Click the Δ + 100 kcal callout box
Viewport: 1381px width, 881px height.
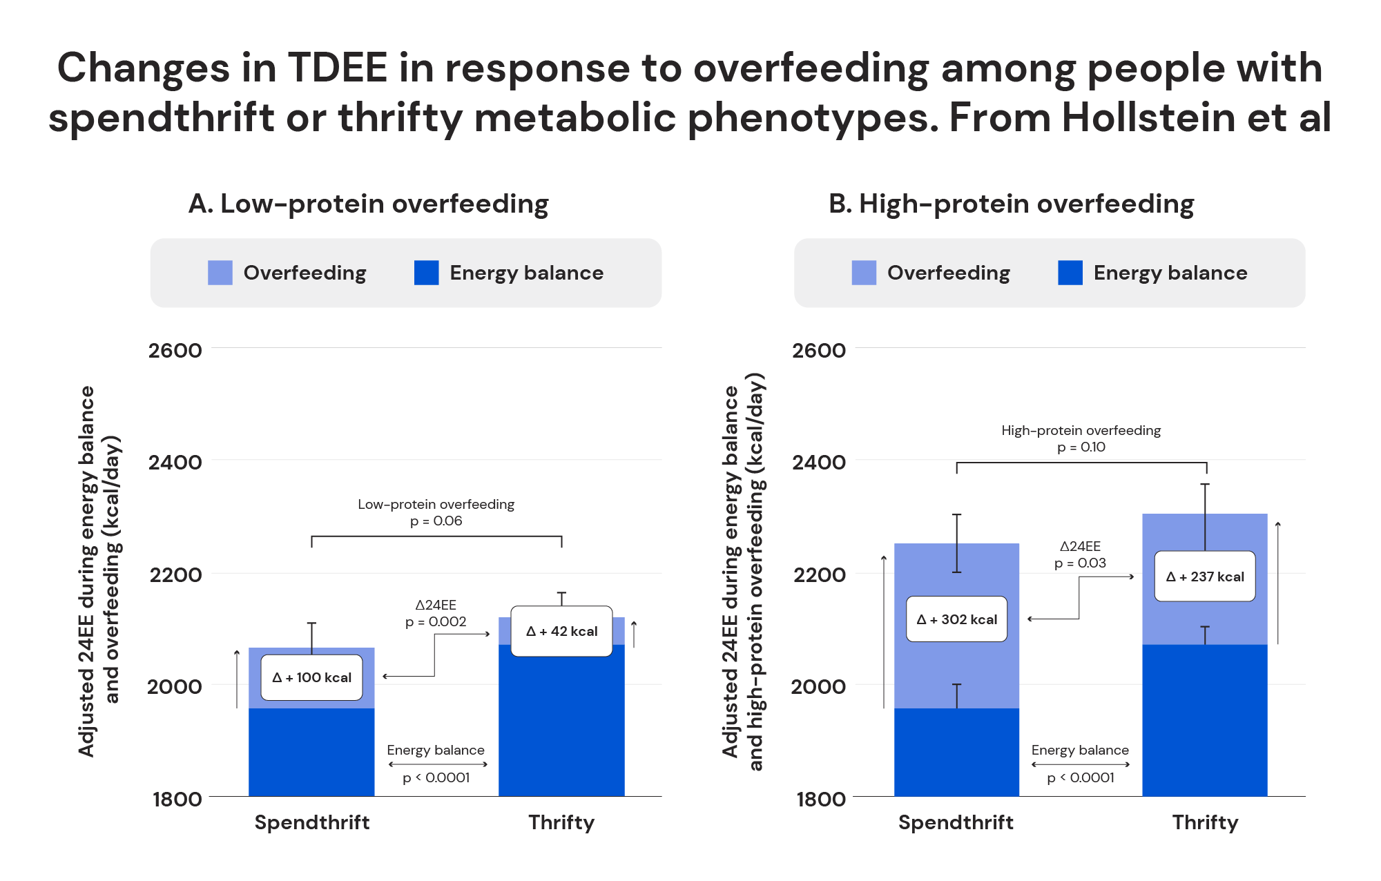tap(311, 677)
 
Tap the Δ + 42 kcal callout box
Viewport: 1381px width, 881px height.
tap(561, 631)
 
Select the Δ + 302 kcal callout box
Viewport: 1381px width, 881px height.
tap(956, 619)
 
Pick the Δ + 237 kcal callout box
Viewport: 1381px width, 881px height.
tap(1205, 577)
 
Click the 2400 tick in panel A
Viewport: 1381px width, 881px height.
tap(175, 462)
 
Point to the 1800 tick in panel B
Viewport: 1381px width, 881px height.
tap(820, 799)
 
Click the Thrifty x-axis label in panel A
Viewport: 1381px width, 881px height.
tap(561, 822)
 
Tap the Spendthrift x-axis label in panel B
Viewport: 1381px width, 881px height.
tap(956, 822)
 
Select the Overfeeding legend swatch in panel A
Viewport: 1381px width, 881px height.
tap(220, 273)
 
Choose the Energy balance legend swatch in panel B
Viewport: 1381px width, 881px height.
tap(1070, 273)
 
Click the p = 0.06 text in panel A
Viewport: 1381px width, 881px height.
tap(436, 521)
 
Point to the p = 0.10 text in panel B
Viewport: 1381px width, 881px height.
tap(1081, 447)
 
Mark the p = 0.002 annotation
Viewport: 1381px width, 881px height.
tap(436, 621)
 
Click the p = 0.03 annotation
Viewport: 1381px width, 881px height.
tap(1080, 563)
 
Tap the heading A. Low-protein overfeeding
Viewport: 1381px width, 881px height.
tap(368, 204)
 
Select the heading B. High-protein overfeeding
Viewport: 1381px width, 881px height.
tap(1011, 204)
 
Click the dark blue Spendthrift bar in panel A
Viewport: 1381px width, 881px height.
tap(311, 753)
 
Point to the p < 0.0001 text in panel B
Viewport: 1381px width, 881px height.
tap(1081, 778)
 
